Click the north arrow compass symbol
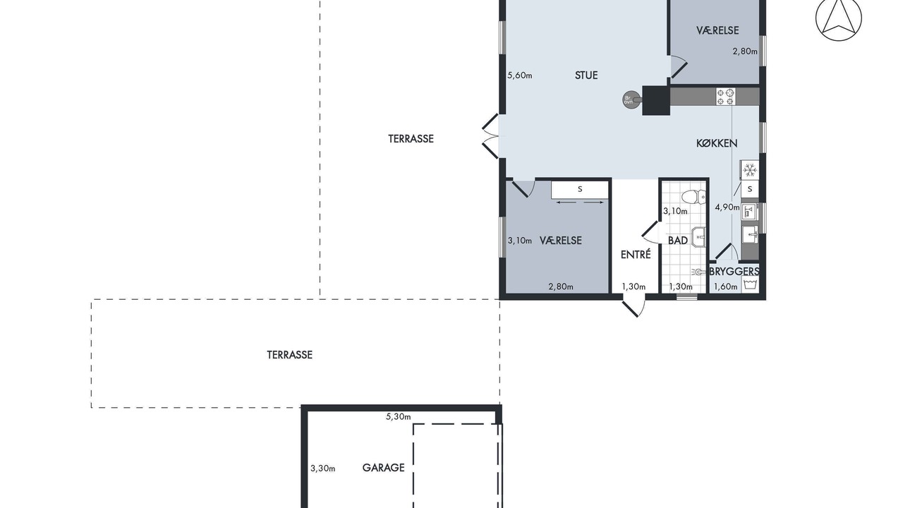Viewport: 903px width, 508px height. point(839,18)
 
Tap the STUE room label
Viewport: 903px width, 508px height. point(586,75)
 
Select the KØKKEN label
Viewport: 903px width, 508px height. point(717,143)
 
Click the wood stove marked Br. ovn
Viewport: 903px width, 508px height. point(630,99)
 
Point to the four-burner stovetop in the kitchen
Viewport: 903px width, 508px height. point(725,97)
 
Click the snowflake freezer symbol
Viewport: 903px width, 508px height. point(750,170)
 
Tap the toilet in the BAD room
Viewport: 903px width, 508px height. point(693,197)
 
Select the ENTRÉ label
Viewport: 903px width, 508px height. point(636,255)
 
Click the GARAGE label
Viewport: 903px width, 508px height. point(383,468)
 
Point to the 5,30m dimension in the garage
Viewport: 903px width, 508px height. point(399,417)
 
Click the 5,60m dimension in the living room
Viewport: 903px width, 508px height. point(520,75)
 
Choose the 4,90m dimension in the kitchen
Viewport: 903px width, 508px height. point(727,207)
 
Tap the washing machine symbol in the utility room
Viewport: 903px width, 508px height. point(750,284)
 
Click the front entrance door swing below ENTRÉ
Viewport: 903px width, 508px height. point(634,307)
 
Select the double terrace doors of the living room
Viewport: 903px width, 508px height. point(490,136)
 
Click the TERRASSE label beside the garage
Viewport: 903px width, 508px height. point(289,355)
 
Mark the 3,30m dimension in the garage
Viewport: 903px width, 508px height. point(323,468)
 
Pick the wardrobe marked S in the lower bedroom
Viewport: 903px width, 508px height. point(580,189)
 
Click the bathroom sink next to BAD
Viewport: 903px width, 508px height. point(699,237)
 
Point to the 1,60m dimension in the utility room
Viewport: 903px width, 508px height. point(726,286)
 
